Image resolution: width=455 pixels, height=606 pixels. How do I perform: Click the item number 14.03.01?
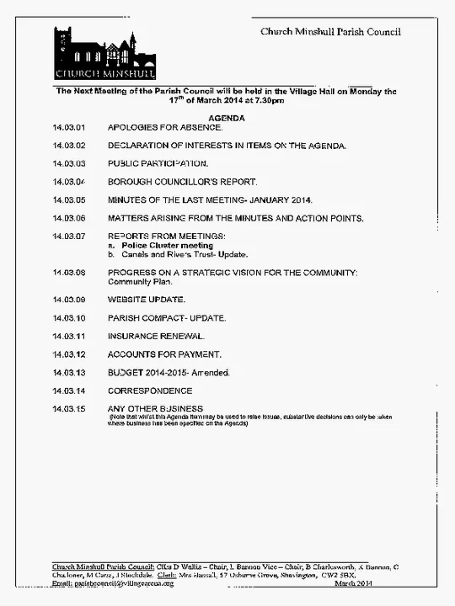coord(69,128)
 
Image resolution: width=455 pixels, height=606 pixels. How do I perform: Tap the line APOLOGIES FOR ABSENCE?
coord(165,128)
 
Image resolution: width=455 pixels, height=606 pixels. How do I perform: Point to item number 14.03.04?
coord(69,182)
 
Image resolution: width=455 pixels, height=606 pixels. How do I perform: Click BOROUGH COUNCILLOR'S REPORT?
coord(182,182)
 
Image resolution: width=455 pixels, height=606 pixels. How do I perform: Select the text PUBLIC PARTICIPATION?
coord(158,163)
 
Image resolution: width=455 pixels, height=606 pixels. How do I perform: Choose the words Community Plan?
coord(140,282)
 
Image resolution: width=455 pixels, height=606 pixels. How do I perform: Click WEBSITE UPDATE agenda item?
coord(147,300)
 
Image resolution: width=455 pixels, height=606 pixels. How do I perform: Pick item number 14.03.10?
coord(69,318)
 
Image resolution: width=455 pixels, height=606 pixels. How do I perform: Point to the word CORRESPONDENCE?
coord(150,391)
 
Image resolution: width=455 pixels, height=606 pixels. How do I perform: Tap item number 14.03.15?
coord(69,409)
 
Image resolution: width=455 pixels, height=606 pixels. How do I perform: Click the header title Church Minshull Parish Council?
coord(330,32)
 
